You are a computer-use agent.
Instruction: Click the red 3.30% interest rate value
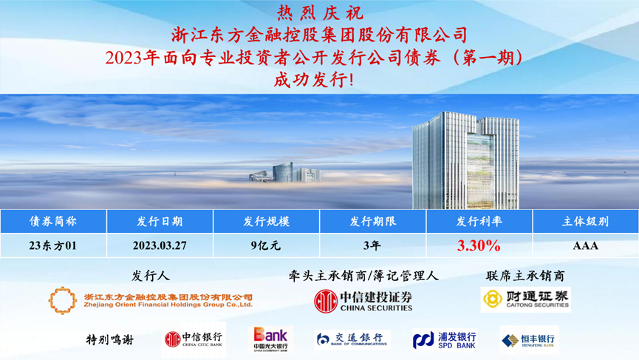(x=479, y=245)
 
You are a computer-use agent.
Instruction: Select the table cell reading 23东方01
(x=53, y=245)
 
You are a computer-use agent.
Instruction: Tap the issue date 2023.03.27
(x=160, y=245)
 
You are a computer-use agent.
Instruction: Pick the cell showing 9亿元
(x=266, y=245)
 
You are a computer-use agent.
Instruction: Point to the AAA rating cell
(x=586, y=245)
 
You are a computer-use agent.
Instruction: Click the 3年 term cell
(x=372, y=245)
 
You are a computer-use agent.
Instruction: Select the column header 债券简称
(x=53, y=221)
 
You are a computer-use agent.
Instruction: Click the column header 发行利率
(x=479, y=221)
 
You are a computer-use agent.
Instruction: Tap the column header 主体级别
(x=586, y=221)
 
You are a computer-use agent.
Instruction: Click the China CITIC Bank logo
(x=194, y=339)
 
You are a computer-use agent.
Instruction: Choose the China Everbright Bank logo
(x=270, y=339)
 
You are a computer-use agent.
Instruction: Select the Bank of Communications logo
(x=352, y=339)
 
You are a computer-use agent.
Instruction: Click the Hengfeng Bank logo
(x=529, y=339)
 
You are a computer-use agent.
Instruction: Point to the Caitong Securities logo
(x=526, y=299)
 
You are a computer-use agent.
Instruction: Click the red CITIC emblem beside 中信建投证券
(x=326, y=302)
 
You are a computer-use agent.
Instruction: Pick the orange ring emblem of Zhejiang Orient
(x=62, y=300)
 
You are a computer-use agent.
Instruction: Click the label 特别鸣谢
(x=109, y=339)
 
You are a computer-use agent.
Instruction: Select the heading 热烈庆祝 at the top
(x=320, y=13)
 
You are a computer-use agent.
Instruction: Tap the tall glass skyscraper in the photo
(x=466, y=160)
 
